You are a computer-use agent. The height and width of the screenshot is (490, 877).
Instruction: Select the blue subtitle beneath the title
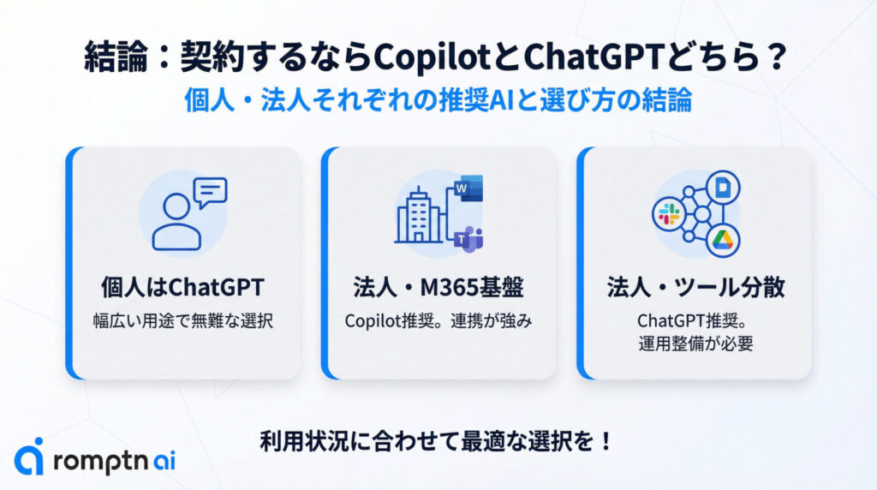(438, 100)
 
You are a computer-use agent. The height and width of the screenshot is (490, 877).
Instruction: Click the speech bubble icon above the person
(211, 193)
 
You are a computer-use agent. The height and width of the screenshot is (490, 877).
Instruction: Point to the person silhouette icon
(176, 222)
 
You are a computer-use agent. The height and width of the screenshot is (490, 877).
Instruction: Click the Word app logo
(468, 188)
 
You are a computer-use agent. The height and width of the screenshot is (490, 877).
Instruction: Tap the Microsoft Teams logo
(468, 239)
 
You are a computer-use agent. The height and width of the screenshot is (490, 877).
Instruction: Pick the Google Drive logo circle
(723, 241)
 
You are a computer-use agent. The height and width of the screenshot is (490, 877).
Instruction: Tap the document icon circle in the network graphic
(723, 188)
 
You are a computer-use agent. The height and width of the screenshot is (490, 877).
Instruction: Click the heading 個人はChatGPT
(183, 288)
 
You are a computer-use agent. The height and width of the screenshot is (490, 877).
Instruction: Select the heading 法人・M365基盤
(438, 288)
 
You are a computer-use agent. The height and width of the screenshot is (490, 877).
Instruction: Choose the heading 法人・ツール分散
(695, 288)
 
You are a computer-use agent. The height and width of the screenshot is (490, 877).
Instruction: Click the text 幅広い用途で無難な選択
(183, 321)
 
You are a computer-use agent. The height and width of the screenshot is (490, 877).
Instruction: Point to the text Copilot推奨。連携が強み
(438, 321)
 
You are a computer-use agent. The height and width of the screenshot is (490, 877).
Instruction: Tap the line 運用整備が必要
(695, 344)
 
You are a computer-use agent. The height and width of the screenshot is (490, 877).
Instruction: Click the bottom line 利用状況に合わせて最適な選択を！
(437, 441)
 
